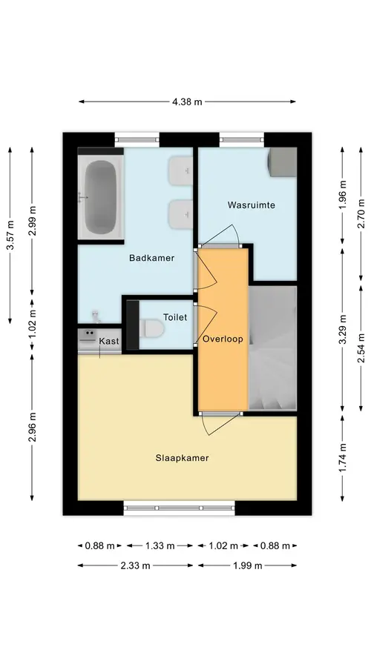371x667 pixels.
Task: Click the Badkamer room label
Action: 151,258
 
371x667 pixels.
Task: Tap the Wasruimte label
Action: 252,205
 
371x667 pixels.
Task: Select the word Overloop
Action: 223,339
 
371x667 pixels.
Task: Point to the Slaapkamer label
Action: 182,458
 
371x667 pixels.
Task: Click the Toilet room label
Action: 175,317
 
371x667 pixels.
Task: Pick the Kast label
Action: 109,341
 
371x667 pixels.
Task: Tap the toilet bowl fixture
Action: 152,328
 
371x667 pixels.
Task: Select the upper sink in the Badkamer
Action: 180,171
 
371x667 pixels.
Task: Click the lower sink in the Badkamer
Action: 180,214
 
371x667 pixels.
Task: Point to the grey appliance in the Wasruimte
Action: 282,162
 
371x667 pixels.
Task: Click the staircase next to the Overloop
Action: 272,348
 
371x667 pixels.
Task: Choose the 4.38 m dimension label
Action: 188,102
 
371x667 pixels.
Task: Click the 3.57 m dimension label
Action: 10,235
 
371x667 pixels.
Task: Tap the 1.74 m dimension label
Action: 343,458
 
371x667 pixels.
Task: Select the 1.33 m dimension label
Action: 160,545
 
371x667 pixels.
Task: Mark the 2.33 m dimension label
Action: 136,565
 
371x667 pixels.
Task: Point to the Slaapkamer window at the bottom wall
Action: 180,508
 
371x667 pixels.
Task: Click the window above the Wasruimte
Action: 241,139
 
